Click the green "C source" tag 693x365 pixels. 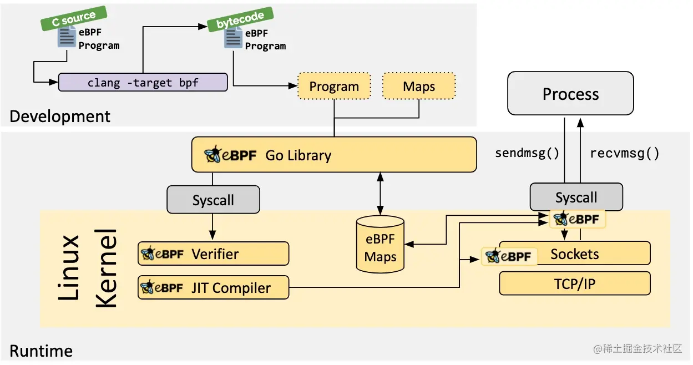pos(73,19)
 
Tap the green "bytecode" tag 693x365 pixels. pos(240,19)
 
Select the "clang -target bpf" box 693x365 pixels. pos(143,83)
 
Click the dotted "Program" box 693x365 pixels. pos(334,87)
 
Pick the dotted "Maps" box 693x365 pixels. pos(419,87)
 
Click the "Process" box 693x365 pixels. pos(570,94)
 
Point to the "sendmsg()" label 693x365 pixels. pos(527,153)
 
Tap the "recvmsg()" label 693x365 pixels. pos(625,153)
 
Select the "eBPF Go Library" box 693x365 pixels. pos(334,155)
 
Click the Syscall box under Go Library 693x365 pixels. pos(213,200)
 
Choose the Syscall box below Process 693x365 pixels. pos(576,197)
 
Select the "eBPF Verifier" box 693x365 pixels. pos(214,254)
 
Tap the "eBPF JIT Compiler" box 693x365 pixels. pos(214,288)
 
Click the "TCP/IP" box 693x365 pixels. pos(574,285)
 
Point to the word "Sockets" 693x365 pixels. pos(574,254)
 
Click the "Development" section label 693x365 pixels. pos(60,116)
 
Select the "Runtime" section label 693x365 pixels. pos(41,351)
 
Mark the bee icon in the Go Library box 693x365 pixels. pos(213,155)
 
